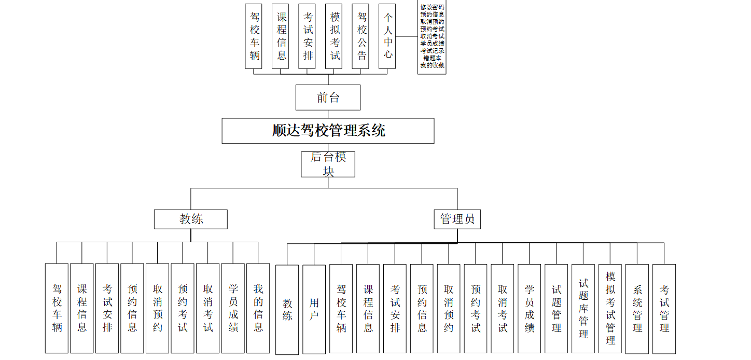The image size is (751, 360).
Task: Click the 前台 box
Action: pos(328,98)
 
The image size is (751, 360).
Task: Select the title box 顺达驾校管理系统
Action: pos(328,131)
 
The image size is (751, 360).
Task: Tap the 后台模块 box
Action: pos(328,164)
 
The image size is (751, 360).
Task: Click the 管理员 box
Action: pos(457,219)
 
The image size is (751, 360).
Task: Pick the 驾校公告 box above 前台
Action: pos(362,36)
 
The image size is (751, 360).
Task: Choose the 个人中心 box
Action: pos(388,36)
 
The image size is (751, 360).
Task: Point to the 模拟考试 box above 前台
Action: pos(335,36)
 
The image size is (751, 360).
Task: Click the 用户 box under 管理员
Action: pos(314,309)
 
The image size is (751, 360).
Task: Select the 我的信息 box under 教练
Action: pos(258,308)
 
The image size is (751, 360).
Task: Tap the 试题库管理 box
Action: pos(583,308)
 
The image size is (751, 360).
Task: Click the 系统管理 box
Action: pos(637,308)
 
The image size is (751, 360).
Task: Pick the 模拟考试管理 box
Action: pos(610,308)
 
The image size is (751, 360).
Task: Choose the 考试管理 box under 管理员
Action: pos(664,308)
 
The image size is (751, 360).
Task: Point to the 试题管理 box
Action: pos(557,308)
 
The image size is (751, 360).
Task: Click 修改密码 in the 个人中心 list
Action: pos(432,7)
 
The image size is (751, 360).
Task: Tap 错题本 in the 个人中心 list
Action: pos(432,58)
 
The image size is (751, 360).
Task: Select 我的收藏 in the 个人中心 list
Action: pos(432,65)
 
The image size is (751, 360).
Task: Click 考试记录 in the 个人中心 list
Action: pos(432,51)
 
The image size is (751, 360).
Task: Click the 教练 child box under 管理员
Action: pos(287,309)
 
